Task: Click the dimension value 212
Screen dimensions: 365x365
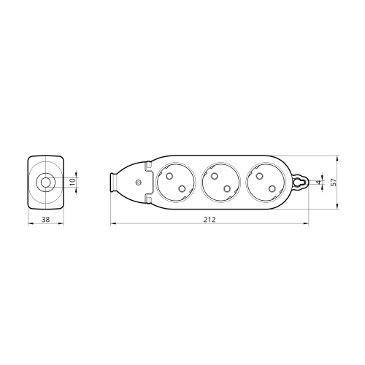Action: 210,220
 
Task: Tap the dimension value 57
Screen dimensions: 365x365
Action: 334,182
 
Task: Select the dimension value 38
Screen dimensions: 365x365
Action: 45,220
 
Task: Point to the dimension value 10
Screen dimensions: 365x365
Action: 72,182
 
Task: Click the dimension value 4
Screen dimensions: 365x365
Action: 319,182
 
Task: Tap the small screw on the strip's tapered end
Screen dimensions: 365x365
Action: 138,182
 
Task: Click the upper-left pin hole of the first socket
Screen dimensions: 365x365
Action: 169,176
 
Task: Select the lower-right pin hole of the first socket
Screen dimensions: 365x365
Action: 182,188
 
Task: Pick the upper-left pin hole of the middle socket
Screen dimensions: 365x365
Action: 214,176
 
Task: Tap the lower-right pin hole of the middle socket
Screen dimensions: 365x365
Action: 227,188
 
